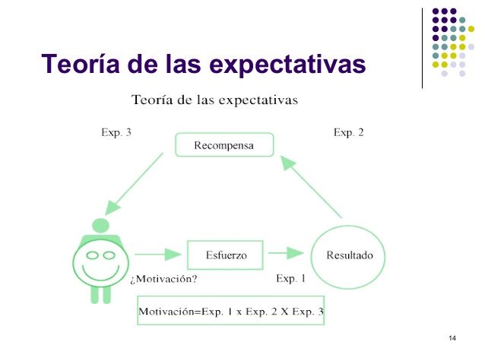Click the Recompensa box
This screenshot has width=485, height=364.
pos(223,144)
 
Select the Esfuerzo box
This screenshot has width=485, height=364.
pos(225,255)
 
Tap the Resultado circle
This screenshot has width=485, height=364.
pos(349,255)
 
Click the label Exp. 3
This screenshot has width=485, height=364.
pos(116,132)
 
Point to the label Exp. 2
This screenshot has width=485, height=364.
pos(348,132)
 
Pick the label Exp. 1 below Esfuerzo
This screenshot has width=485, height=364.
pos(290,279)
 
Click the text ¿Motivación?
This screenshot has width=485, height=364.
pos(164,279)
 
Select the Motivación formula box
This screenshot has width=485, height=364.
pos(230,311)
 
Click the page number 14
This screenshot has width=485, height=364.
pos(452,337)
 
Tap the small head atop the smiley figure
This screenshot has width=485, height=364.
pos(100,226)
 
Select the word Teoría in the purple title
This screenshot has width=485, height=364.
pos(81,64)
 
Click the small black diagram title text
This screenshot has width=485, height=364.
pos(214,100)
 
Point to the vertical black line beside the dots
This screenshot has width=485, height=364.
pos(423,47)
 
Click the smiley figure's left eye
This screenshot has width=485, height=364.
pos(92,255)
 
